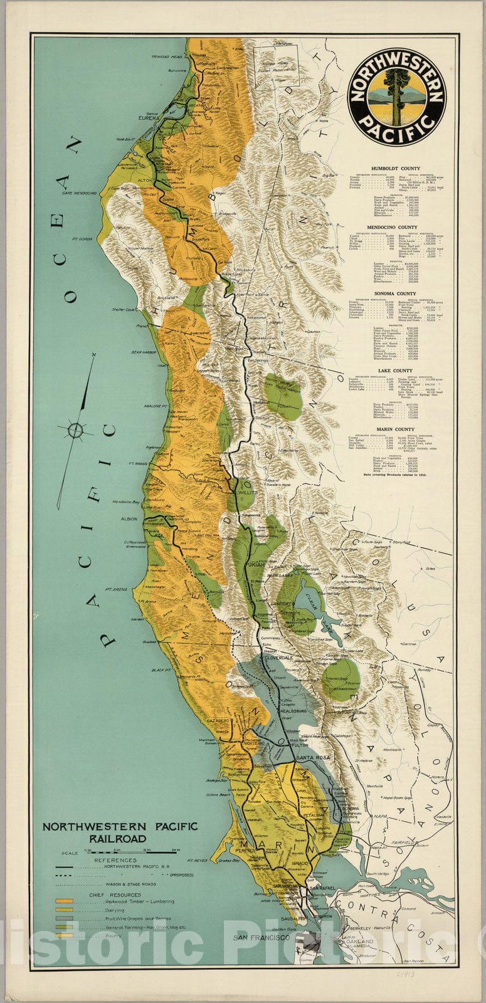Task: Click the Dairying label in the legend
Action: point(115,909)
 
